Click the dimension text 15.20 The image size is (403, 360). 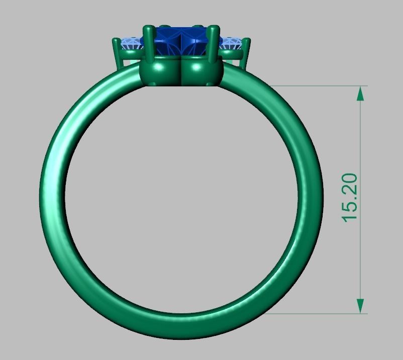point(350,197)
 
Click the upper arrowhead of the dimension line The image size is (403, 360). point(360,93)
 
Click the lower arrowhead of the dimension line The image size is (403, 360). point(360,306)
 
